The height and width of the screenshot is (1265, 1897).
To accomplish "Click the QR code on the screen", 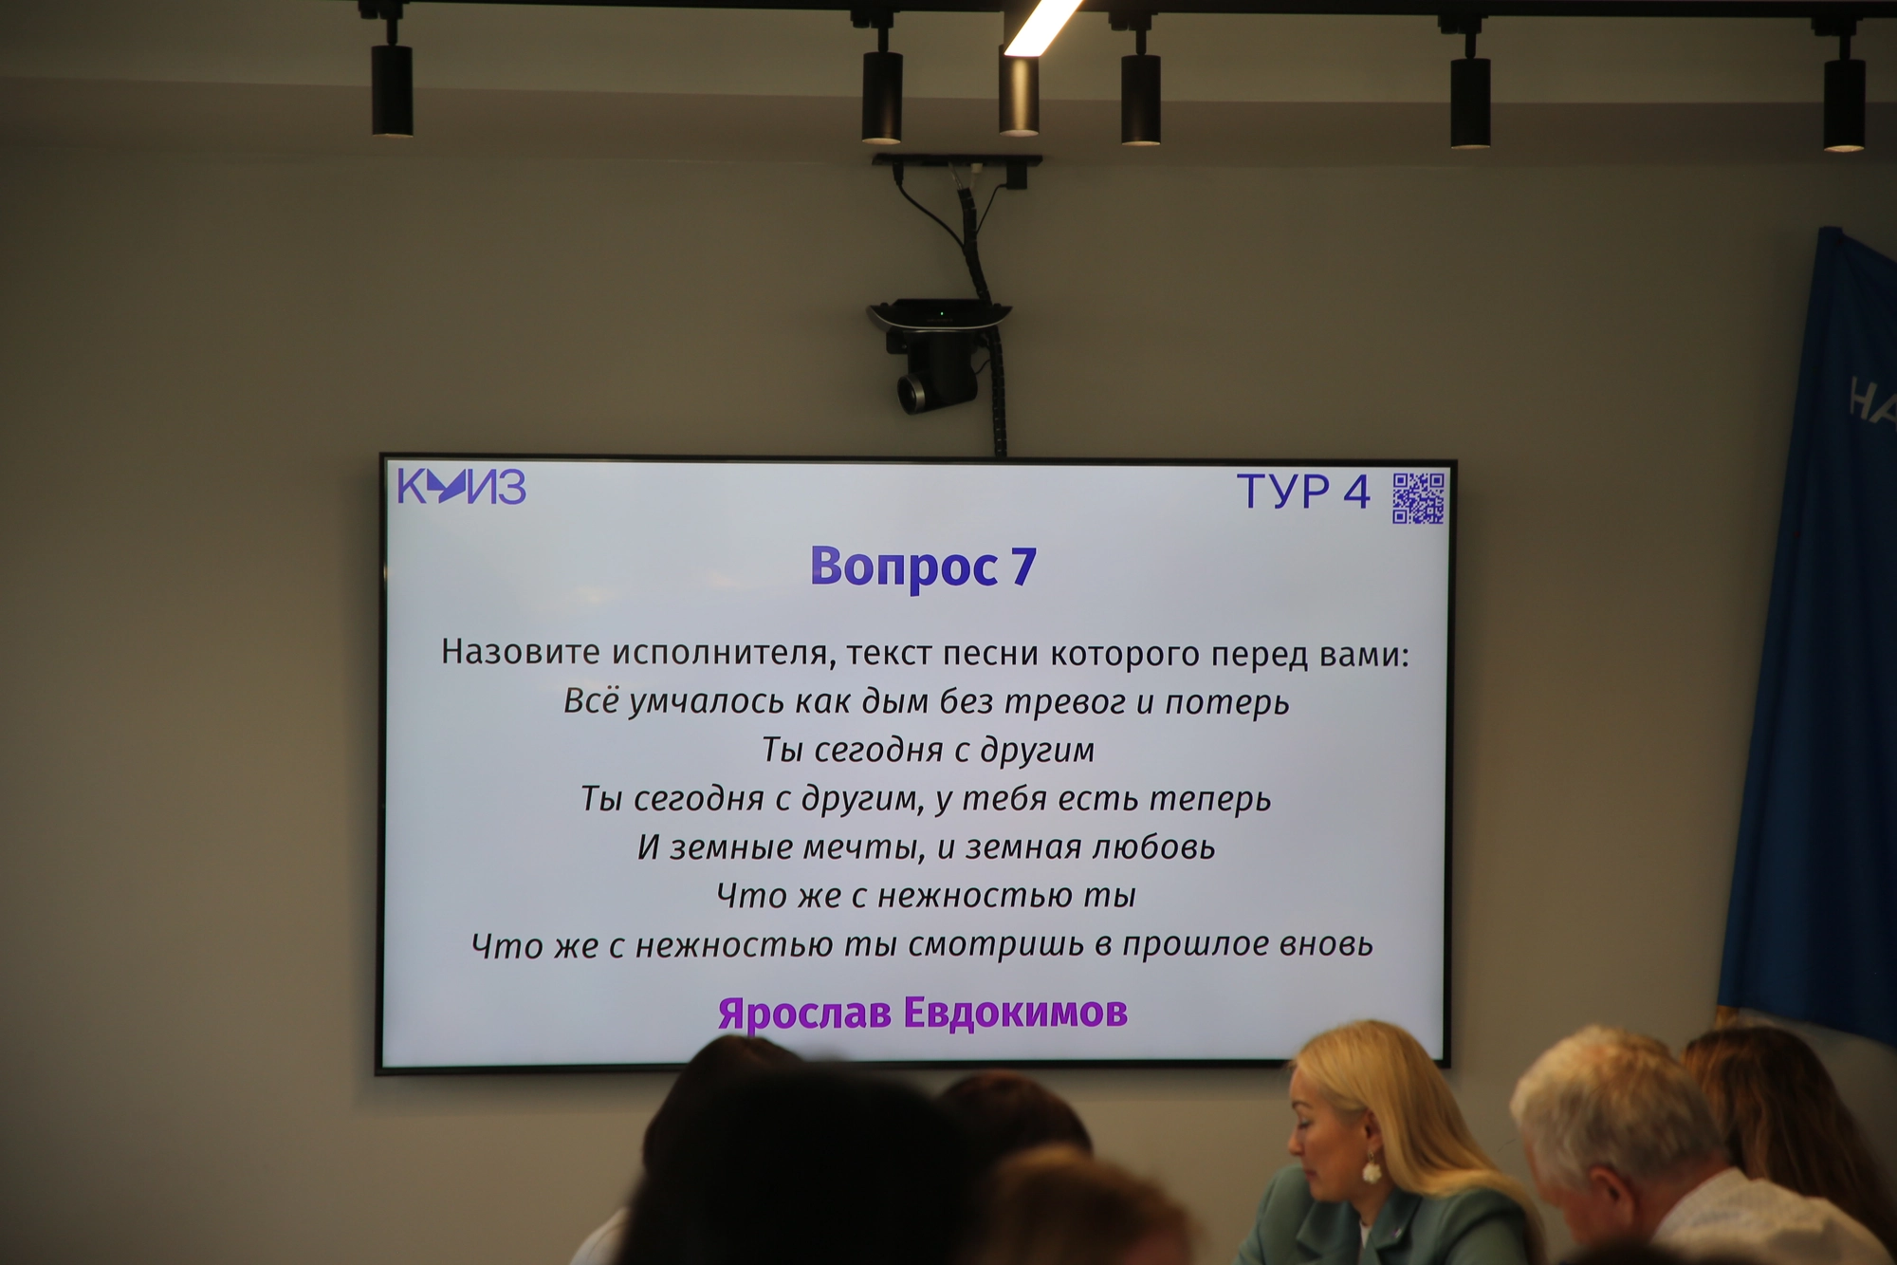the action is click(x=1418, y=498).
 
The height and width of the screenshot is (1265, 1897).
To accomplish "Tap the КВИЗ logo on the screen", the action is click(x=461, y=487).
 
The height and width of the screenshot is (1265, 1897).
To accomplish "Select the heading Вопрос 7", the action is click(x=923, y=567).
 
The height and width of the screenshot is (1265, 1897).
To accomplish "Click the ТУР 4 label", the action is click(x=1303, y=492).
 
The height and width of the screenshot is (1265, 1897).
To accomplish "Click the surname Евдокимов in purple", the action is click(x=1016, y=1012).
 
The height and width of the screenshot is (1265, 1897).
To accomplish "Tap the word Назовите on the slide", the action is click(x=521, y=652).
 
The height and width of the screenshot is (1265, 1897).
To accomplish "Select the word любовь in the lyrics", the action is click(x=1153, y=846).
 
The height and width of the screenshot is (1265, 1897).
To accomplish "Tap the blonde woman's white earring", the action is click(x=1372, y=1169).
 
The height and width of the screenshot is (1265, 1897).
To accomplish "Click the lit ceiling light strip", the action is click(x=1042, y=26).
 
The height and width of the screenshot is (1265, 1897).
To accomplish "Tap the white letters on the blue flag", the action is click(x=1873, y=400).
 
